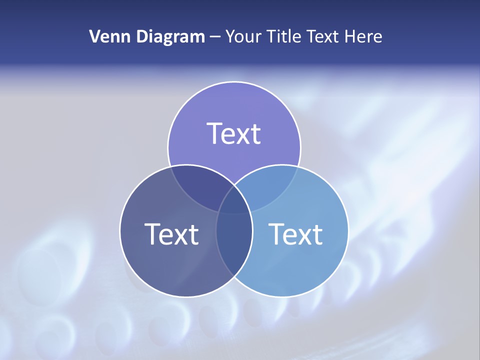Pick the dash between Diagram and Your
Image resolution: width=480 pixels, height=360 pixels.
coord(215,37)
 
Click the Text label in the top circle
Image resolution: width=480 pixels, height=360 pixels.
coord(234,133)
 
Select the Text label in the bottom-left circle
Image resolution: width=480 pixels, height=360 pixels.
coord(171,234)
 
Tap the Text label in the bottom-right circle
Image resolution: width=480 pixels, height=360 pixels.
coord(295,234)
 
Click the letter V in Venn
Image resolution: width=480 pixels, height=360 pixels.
coord(94,36)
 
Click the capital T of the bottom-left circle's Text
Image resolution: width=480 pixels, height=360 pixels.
coord(153,234)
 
